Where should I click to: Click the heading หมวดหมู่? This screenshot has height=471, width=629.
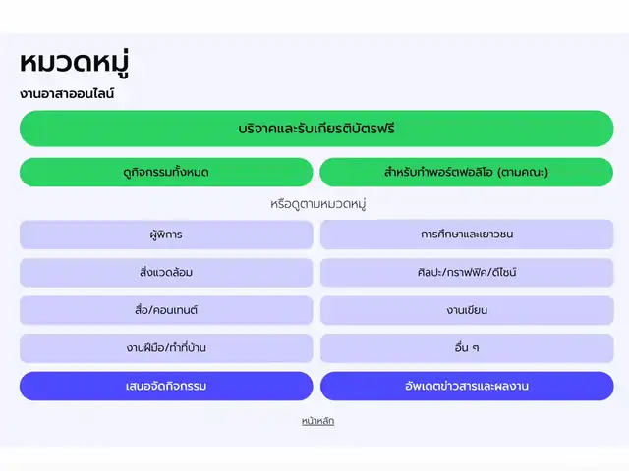point(75,63)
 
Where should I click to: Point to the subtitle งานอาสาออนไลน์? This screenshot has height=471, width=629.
point(67,94)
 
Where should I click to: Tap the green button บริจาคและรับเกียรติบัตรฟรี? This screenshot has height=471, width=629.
point(316,129)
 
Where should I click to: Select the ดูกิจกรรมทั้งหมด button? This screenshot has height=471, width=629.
point(166,173)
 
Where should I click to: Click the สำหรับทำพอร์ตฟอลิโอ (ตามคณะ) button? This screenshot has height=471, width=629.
point(467,173)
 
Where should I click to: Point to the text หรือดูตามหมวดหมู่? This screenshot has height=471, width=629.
point(317,204)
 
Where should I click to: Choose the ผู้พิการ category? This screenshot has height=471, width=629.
point(166,235)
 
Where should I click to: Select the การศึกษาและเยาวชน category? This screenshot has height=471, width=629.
point(467,235)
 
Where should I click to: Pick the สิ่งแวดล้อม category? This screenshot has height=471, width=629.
point(166,273)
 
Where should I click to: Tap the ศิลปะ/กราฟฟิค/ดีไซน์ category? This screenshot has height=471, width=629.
point(467,273)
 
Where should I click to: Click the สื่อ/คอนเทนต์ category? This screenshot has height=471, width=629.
point(166,310)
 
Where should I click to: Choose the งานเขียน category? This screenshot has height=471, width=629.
point(467,310)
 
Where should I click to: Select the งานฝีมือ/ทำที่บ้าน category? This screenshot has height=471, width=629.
point(166,348)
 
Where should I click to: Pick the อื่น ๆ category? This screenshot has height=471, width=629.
point(467,348)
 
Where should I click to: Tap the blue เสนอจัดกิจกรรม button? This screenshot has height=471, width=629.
point(166,386)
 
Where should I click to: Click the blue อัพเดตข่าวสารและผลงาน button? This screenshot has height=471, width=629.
point(467,386)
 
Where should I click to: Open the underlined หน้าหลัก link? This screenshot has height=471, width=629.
point(317,421)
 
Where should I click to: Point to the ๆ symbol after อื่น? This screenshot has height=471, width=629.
point(476,348)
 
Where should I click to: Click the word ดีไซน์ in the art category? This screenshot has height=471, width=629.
point(503,273)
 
